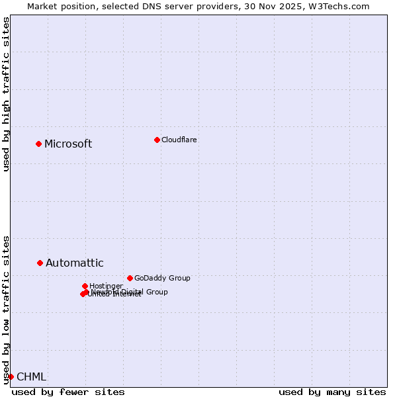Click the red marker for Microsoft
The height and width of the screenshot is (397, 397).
click(x=38, y=144)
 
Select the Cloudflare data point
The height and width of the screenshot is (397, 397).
click(x=157, y=140)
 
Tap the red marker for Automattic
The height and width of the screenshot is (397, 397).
click(x=40, y=263)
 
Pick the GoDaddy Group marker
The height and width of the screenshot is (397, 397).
click(x=130, y=278)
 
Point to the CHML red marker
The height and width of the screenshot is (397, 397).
click(x=11, y=376)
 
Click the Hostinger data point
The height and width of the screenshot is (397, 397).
click(x=85, y=286)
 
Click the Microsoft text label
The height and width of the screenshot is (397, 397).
click(x=68, y=144)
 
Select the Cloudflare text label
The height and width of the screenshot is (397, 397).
click(x=179, y=140)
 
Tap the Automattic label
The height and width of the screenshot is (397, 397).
click(x=75, y=263)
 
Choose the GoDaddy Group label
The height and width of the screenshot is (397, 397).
click(x=162, y=278)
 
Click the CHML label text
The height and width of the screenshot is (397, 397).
click(x=31, y=377)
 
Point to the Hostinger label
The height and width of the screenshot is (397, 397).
click(x=106, y=286)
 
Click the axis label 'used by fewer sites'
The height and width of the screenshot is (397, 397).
click(x=68, y=392)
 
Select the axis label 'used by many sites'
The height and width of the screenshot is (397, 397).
click(x=332, y=392)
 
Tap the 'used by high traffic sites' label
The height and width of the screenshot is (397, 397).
click(x=6, y=94)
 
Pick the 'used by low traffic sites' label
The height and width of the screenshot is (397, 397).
click(x=6, y=310)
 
